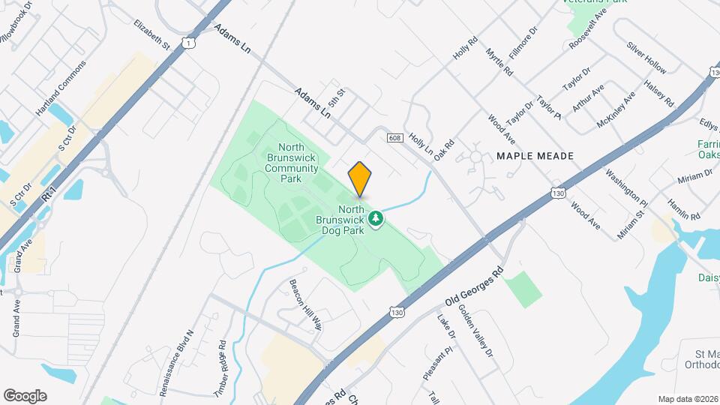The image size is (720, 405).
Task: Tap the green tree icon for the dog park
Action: pyautogui.click(x=376, y=219)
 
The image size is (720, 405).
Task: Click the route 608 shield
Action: pyautogui.click(x=396, y=137)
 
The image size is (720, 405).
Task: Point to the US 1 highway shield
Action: pyautogui.click(x=189, y=44)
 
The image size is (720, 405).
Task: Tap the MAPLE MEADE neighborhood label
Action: pyautogui.click(x=535, y=156)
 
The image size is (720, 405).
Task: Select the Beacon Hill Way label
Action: pyautogui.click(x=305, y=304)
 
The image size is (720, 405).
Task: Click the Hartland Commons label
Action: pyautogui.click(x=61, y=88)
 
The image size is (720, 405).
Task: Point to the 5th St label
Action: pyautogui.click(x=336, y=97)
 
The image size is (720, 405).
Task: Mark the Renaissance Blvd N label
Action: pyautogui.click(x=177, y=362)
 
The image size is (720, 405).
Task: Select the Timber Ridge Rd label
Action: pyautogui.click(x=220, y=367)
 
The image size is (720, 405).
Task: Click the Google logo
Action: pyautogui.click(x=25, y=395)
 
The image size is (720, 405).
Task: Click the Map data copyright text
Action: pyautogui.click(x=688, y=399)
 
